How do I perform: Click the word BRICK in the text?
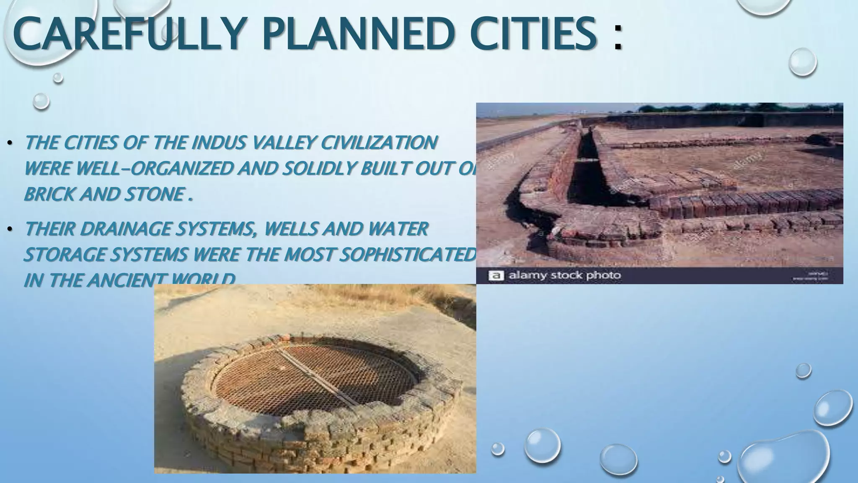49,194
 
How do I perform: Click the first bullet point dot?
10,144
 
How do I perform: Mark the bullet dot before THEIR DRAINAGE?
10,230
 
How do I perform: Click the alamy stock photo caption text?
564,275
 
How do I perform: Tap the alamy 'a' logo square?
496,275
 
